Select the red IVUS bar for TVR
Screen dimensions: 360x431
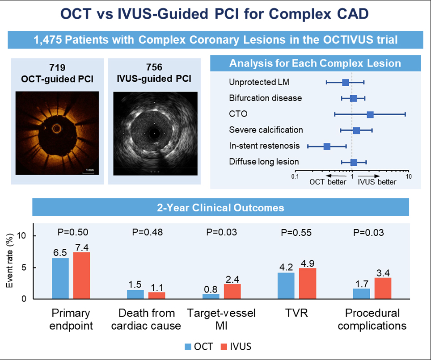tap(308, 283)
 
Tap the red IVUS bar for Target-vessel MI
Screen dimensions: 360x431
tap(232, 291)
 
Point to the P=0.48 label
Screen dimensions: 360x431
tap(147, 232)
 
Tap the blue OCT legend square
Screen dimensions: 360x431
tap(189, 346)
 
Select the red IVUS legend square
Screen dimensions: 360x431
tap(223, 346)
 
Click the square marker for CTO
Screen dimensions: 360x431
tap(370, 114)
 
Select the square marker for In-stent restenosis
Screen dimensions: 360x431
tap(327, 147)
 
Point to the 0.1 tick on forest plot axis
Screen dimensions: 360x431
tap(295, 176)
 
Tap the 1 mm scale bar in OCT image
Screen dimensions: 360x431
tap(90, 170)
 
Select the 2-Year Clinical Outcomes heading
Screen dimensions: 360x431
tap(220, 207)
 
